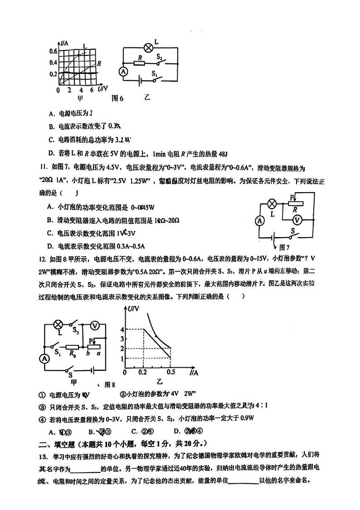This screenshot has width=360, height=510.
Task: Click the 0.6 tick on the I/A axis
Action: coord(54,51)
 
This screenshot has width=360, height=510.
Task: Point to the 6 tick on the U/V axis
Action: coord(92,90)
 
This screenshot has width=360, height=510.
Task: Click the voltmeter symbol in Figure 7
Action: coord(297,220)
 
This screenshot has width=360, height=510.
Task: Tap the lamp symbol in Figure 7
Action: coord(273,203)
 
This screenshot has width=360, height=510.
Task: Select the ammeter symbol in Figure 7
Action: coord(260,221)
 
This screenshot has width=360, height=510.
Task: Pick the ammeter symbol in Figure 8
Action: coord(44,358)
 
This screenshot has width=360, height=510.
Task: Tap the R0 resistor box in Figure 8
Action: coord(73,347)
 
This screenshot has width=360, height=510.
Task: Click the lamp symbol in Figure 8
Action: coord(58,324)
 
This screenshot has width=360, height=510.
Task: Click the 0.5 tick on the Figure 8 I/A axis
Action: coord(171,372)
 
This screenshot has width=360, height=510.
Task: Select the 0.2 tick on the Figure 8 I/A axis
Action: coord(143,372)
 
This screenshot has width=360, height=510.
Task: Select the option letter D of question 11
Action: coord(49,246)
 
